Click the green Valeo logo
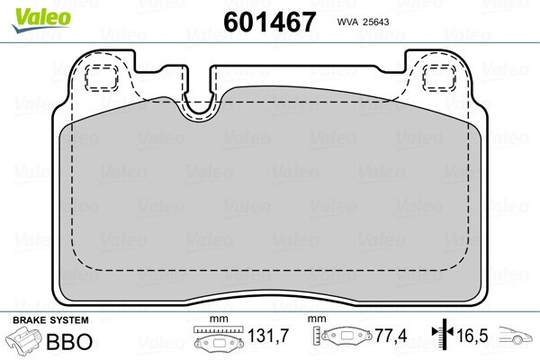point(41,20)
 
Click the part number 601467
point(269,22)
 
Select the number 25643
point(375,22)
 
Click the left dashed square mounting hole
point(102,78)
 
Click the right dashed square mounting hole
point(439,78)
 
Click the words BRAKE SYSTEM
point(50,320)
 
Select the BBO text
point(69,341)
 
